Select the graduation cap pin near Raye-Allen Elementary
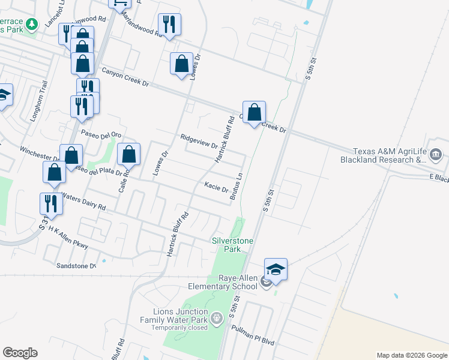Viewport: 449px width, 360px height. (x=276, y=269)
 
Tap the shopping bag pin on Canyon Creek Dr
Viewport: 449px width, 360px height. (x=254, y=112)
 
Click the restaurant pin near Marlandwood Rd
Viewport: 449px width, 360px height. (x=169, y=25)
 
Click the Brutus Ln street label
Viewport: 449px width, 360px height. (x=237, y=185)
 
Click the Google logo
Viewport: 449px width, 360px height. (x=20, y=353)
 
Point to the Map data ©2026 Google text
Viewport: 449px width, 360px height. (x=411, y=355)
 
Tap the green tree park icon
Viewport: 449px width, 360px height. (x=31, y=23)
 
